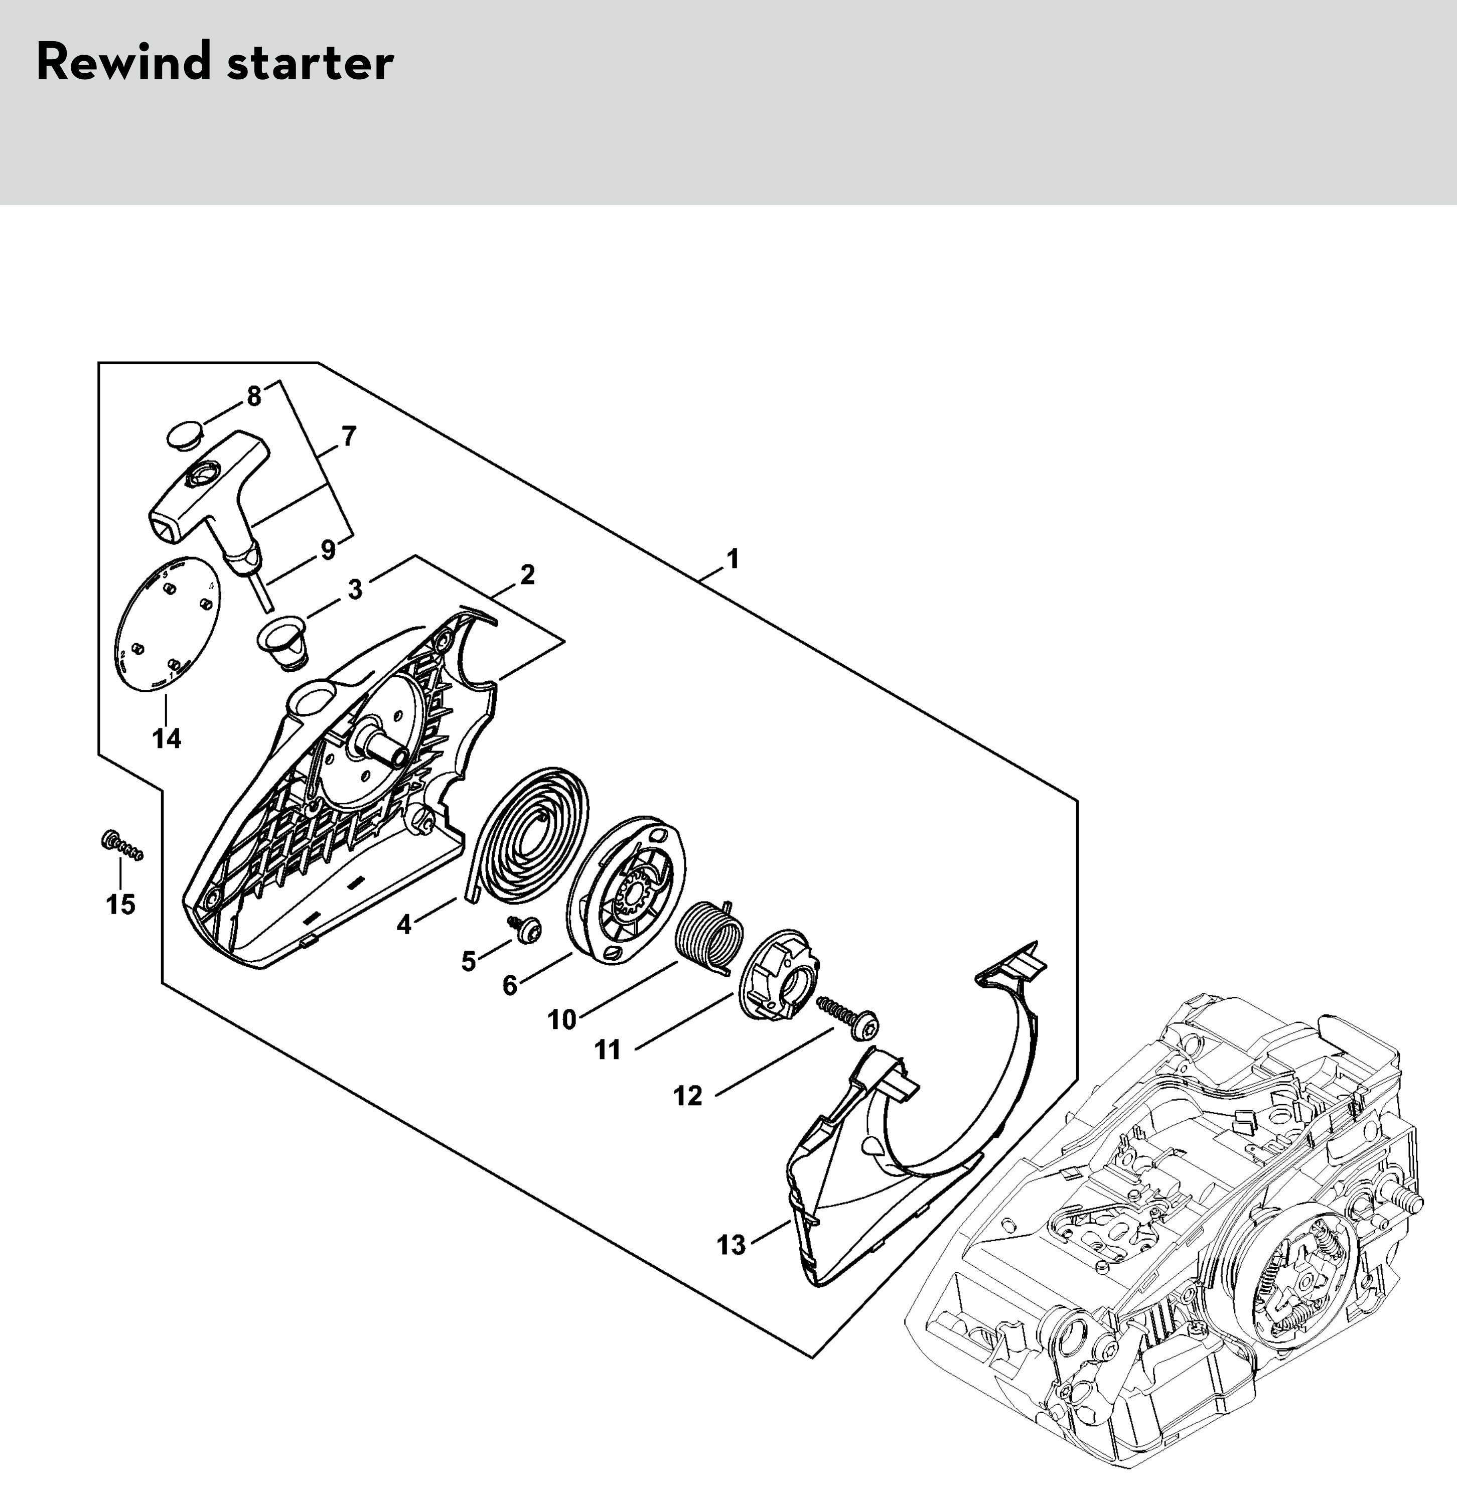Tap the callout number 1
(x=733, y=559)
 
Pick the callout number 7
(x=348, y=437)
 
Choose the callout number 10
(x=562, y=1019)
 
